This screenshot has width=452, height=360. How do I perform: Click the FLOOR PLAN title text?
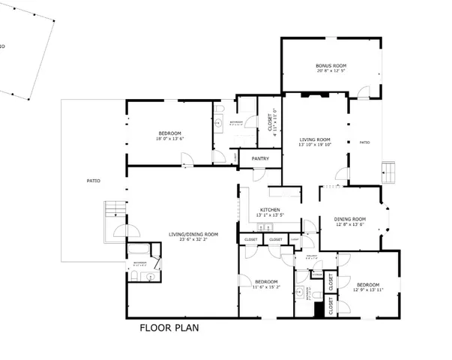[x=169, y=328]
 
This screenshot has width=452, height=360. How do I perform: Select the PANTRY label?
[x=260, y=158]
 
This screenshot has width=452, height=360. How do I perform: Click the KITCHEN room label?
[x=270, y=209]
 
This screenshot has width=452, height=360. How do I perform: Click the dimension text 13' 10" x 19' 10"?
[x=315, y=145]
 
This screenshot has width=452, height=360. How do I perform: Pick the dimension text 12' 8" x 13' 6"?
[x=349, y=224]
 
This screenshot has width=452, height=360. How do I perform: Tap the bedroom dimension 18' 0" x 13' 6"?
[x=170, y=139]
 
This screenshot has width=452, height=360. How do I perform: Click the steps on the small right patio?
[x=391, y=172]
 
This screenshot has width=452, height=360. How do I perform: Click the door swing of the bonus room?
[x=364, y=93]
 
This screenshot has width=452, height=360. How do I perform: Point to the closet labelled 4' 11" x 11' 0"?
[x=270, y=121]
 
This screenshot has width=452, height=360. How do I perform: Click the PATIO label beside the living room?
[x=364, y=142]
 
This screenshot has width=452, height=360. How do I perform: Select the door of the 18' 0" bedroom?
[x=189, y=160]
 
